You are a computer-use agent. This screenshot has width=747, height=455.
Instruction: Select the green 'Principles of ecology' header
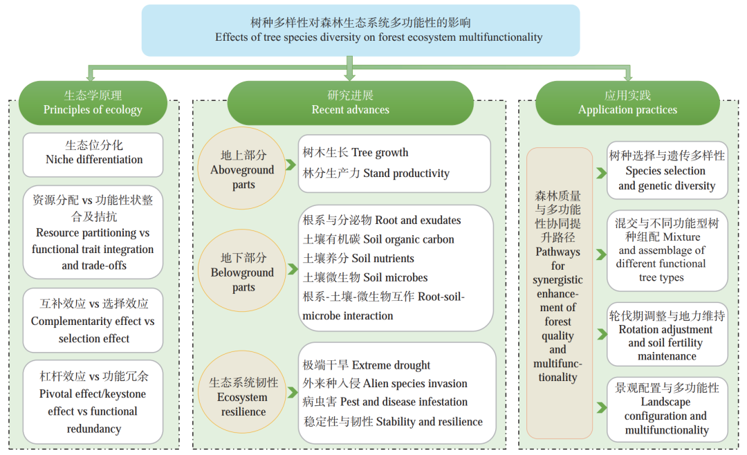tap(93, 102)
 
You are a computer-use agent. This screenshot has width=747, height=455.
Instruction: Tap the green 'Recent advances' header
tap(350, 102)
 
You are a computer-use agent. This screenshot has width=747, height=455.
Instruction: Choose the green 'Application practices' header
tap(627, 102)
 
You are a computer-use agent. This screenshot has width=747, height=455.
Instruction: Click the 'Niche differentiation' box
tap(93, 153)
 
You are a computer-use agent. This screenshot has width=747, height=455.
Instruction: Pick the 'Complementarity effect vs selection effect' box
tap(93, 321)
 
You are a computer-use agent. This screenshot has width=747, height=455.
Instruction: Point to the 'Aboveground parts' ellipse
tap(243, 169)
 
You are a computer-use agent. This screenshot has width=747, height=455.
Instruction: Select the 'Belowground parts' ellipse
tap(243, 272)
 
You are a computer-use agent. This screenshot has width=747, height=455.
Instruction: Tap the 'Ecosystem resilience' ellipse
tap(243, 397)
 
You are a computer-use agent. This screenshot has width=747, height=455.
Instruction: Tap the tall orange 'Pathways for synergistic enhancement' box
tap(558, 293)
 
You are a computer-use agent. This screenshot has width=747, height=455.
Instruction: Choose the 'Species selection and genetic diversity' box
tap(667, 171)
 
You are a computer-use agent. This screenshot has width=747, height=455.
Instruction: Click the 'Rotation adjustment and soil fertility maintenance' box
tap(667, 335)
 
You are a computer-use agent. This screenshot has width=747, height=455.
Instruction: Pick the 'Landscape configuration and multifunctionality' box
tap(667, 409)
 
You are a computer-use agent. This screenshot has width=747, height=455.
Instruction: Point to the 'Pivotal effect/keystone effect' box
tap(93, 402)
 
